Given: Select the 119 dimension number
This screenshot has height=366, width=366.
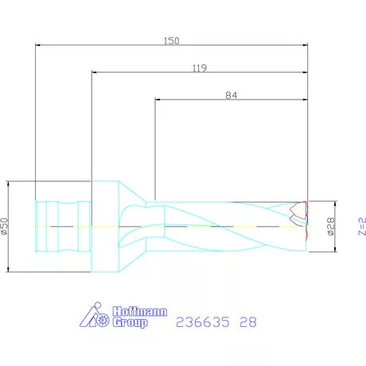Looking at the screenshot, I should coord(200,68).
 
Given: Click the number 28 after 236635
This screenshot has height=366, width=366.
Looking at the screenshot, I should coord(248,323).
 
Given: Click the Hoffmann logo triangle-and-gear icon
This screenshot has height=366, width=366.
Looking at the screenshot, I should coord(97,316).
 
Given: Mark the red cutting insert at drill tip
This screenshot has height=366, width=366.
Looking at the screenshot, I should coord(298,212).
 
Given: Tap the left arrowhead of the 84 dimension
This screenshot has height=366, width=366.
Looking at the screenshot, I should coord(157,101).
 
